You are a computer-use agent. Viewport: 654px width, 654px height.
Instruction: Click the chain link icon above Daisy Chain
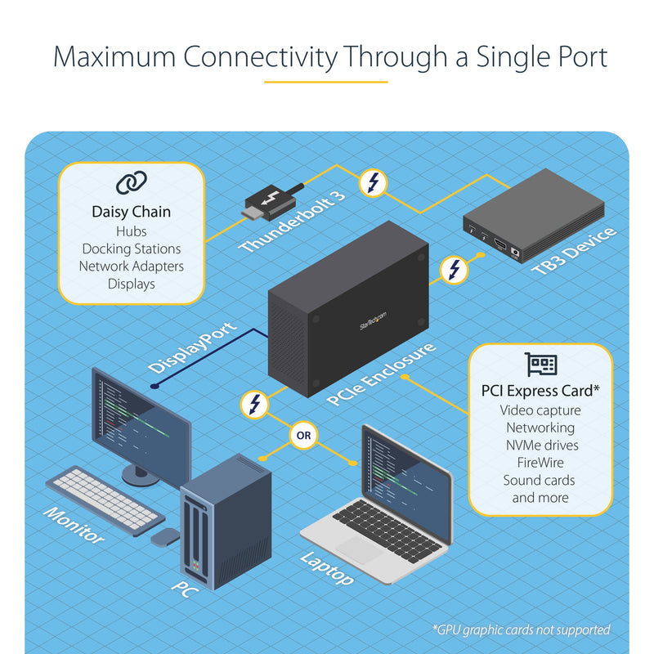click(x=131, y=183)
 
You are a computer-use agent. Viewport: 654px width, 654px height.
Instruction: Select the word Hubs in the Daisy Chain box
click(x=131, y=231)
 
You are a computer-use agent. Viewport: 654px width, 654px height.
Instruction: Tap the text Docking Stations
click(x=131, y=249)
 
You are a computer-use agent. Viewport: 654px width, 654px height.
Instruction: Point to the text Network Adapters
click(x=131, y=267)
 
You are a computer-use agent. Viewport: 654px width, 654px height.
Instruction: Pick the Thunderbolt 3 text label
click(x=293, y=221)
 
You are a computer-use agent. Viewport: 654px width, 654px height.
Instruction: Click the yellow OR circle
click(x=303, y=436)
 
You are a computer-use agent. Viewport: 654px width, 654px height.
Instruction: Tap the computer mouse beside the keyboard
click(x=165, y=536)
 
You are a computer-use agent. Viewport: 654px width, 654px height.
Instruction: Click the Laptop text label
click(x=327, y=568)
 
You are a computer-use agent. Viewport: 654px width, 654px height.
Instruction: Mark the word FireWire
click(x=540, y=463)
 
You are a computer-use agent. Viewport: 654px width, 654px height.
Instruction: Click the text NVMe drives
click(x=540, y=446)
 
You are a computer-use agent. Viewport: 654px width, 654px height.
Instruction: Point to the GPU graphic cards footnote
click(x=521, y=629)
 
